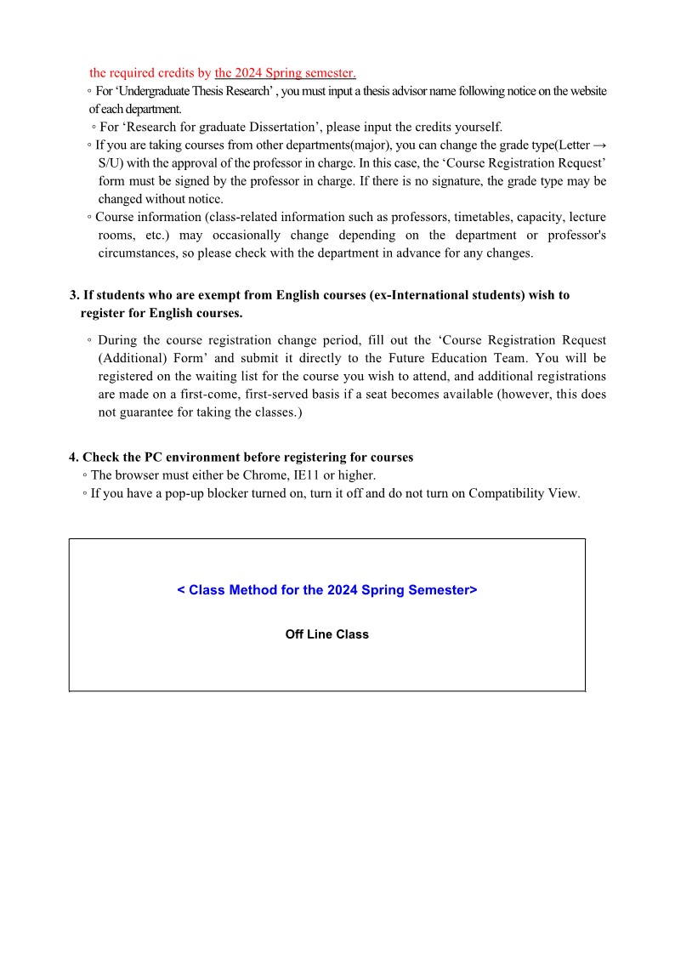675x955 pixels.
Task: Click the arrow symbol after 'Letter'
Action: coord(598,145)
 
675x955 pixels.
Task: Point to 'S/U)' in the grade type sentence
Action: coord(111,162)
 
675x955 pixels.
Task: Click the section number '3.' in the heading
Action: coord(74,295)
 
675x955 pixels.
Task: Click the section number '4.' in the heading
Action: coord(74,457)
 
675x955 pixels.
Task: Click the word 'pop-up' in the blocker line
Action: coord(175,492)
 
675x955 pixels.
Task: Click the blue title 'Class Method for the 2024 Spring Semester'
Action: coord(327,590)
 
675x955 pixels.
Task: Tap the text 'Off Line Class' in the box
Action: coord(327,634)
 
